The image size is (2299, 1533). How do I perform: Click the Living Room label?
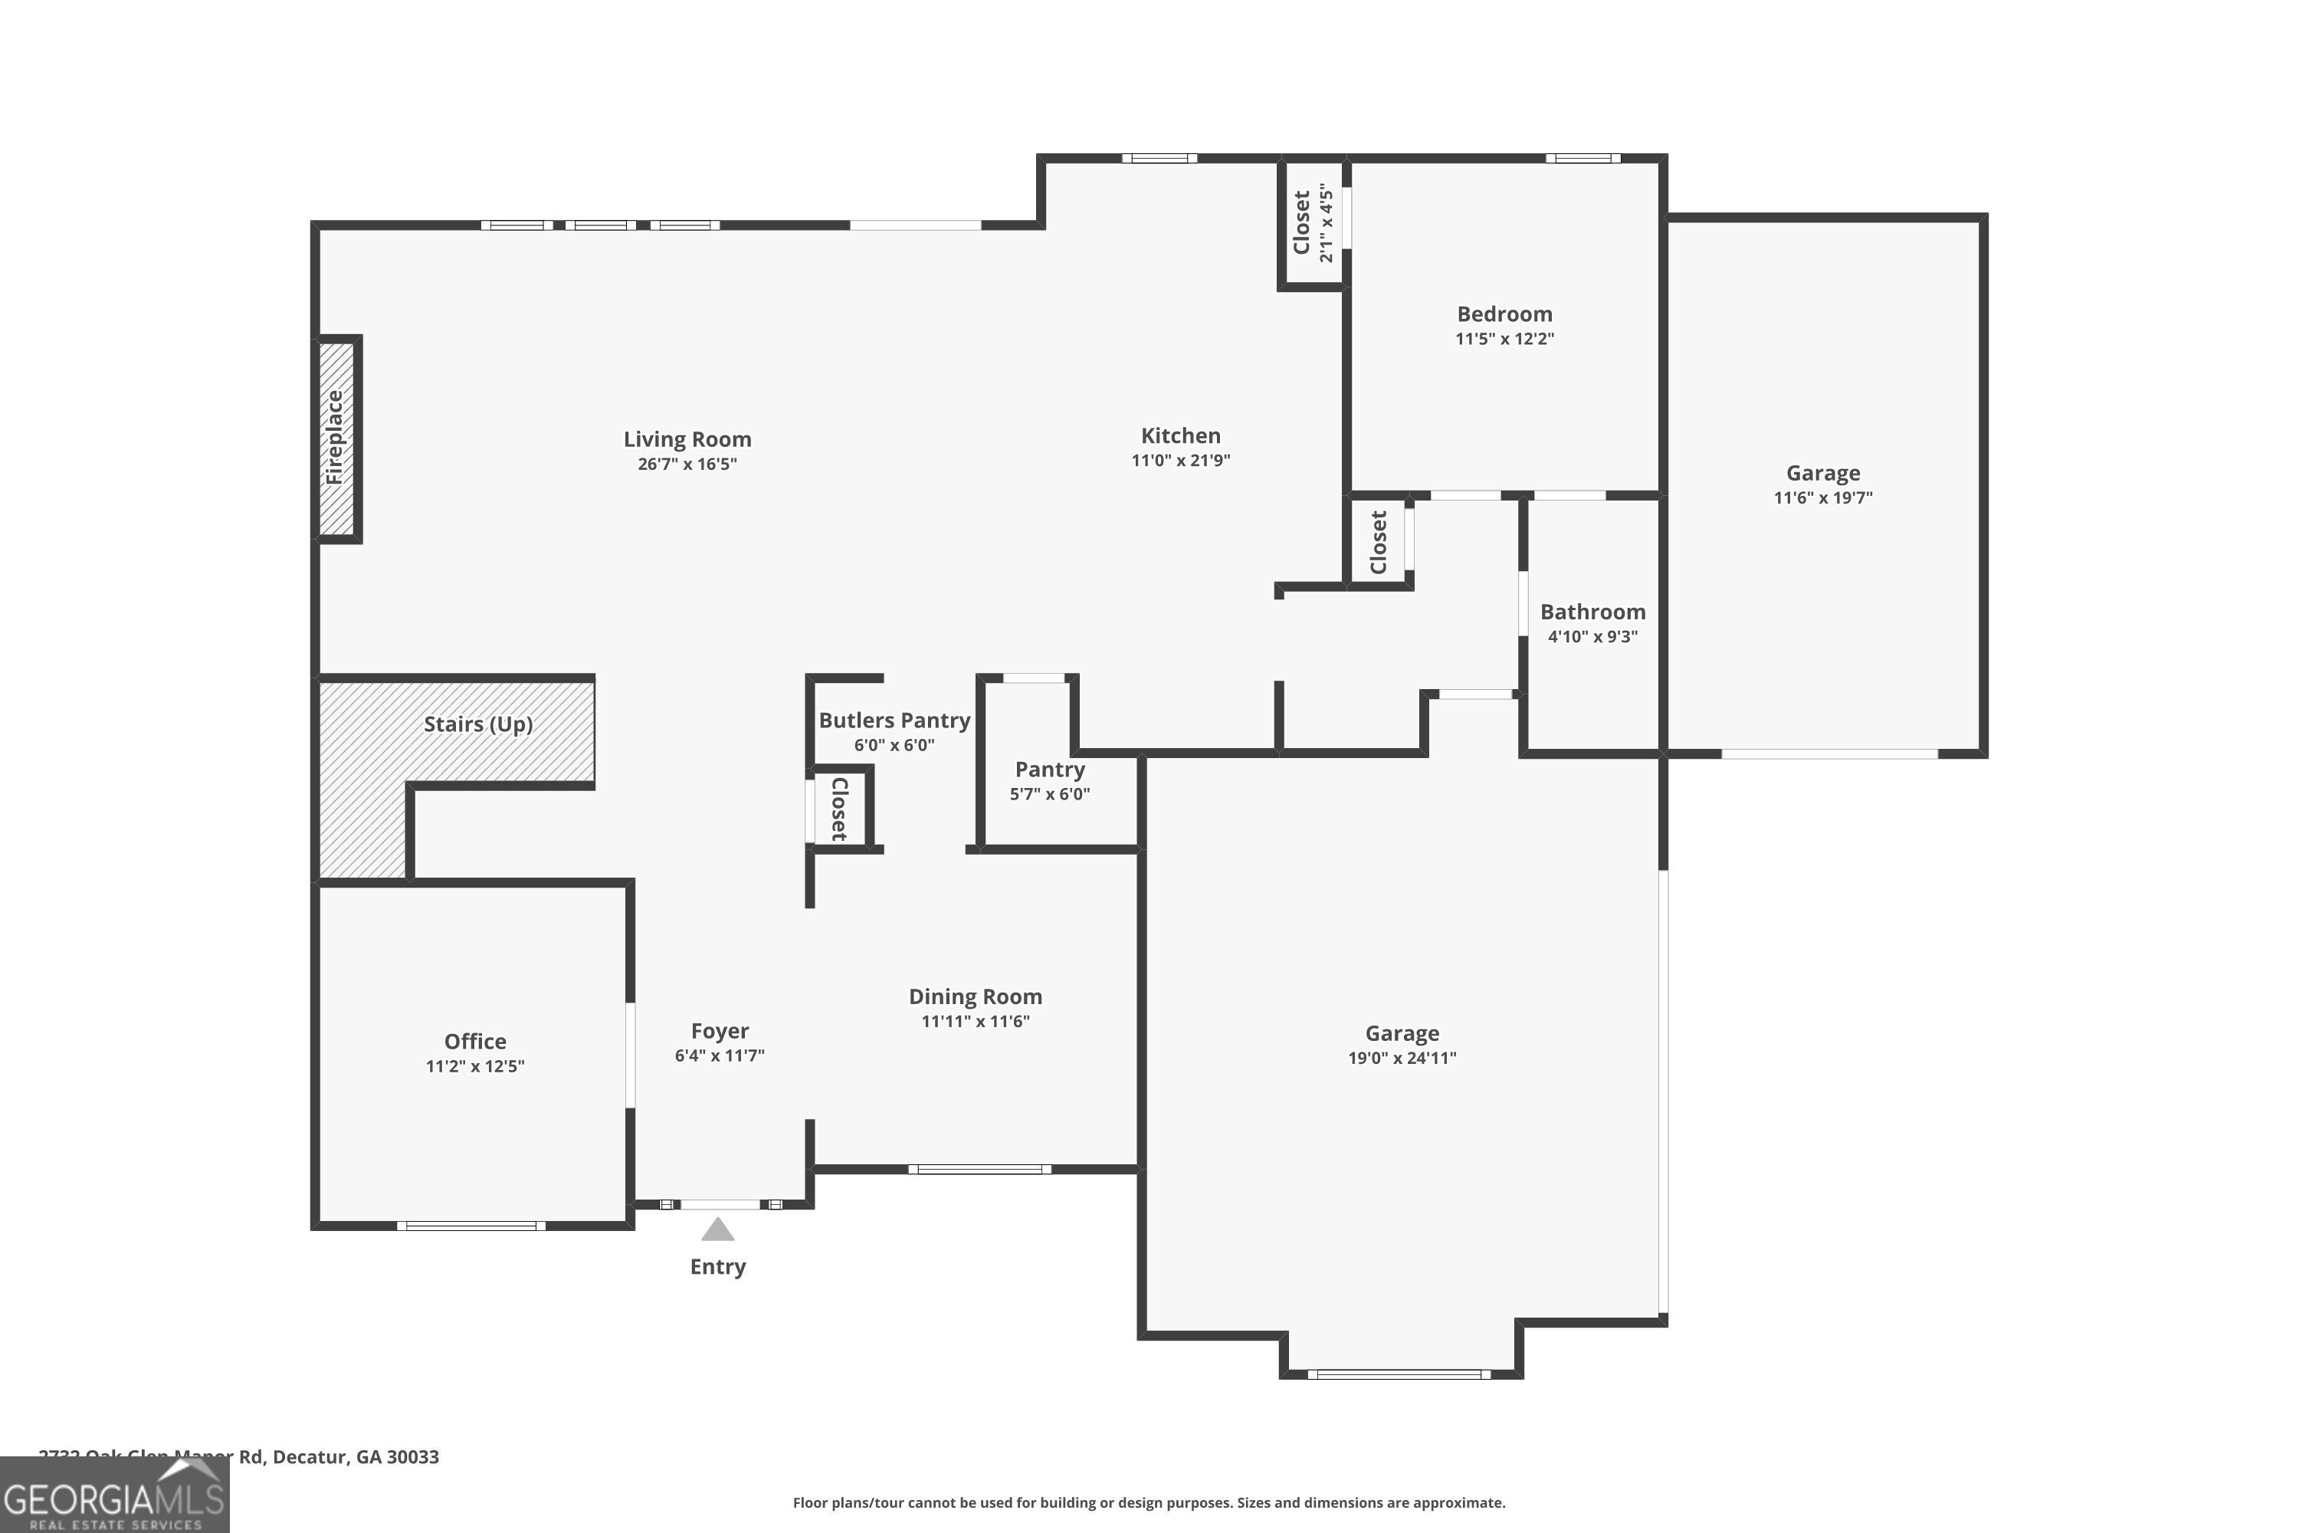click(x=687, y=440)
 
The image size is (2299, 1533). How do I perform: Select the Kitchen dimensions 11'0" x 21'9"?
click(x=1180, y=461)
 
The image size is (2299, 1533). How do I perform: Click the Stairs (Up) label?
click(x=478, y=724)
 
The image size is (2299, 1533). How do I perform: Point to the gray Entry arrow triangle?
click(x=717, y=1230)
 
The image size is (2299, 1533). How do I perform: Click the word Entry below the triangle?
click(x=717, y=1267)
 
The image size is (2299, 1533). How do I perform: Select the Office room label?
click(x=475, y=1041)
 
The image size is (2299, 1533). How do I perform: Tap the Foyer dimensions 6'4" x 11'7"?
click(x=720, y=1056)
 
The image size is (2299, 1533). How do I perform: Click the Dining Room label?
click(x=975, y=996)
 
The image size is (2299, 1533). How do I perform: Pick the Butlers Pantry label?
click(x=894, y=721)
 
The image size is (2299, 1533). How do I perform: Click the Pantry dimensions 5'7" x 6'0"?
click(x=1049, y=794)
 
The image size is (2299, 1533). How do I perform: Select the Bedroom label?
click(x=1504, y=313)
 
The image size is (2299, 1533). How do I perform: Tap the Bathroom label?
click(x=1592, y=612)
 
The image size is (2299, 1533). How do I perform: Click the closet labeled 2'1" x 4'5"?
click(x=1312, y=223)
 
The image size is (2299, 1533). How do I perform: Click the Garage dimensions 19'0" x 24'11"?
click(x=1402, y=1058)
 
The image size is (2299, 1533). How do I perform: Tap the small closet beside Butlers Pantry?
click(x=838, y=809)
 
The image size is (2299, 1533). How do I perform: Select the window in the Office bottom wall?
click(x=471, y=1226)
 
